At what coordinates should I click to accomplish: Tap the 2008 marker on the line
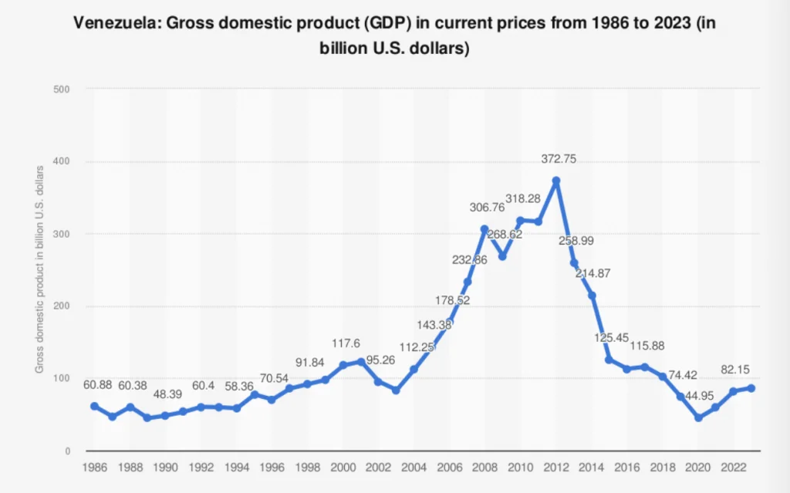(484, 228)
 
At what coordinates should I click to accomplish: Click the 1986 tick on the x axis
(94, 468)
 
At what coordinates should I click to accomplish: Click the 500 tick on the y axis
(62, 89)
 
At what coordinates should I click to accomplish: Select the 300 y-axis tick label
(62, 234)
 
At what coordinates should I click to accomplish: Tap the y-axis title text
(39, 270)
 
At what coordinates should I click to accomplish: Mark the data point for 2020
(698, 417)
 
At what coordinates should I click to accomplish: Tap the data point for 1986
(94, 406)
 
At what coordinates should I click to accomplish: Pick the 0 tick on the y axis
(68, 451)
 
